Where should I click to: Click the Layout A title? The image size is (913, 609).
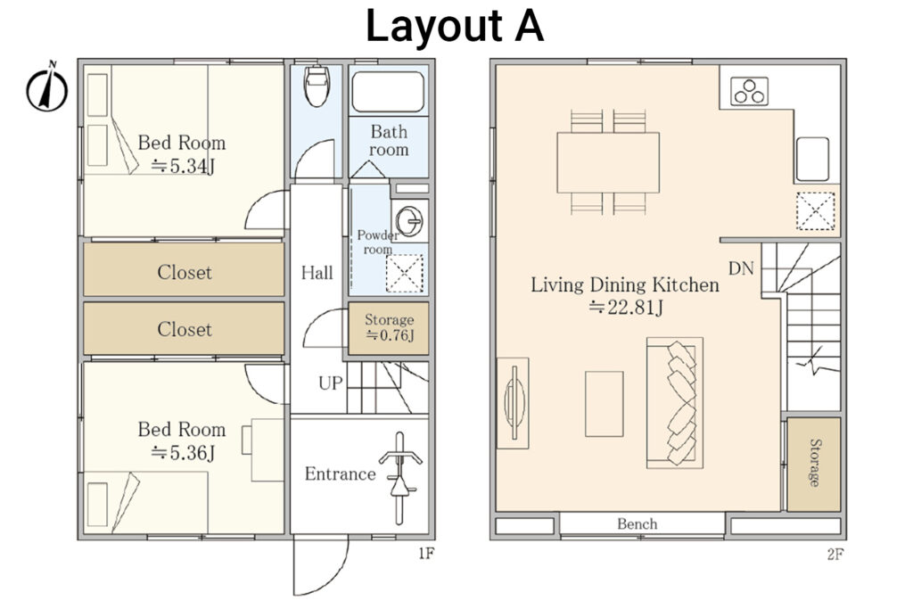click(455, 27)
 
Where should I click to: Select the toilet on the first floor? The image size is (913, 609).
click(317, 86)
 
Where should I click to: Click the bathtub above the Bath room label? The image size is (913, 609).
click(388, 92)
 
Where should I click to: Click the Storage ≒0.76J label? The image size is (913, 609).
click(389, 328)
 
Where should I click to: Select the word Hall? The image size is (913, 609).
click(317, 273)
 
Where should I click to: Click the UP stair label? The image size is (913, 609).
click(329, 383)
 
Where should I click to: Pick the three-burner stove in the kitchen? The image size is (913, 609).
click(748, 91)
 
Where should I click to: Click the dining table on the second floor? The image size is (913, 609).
click(608, 161)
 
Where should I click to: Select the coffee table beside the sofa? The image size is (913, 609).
click(604, 403)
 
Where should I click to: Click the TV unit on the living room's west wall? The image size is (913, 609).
click(513, 403)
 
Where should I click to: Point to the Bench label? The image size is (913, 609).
click(637, 523)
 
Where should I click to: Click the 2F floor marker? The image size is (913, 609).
click(835, 554)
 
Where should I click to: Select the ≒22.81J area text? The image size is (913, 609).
click(624, 309)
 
